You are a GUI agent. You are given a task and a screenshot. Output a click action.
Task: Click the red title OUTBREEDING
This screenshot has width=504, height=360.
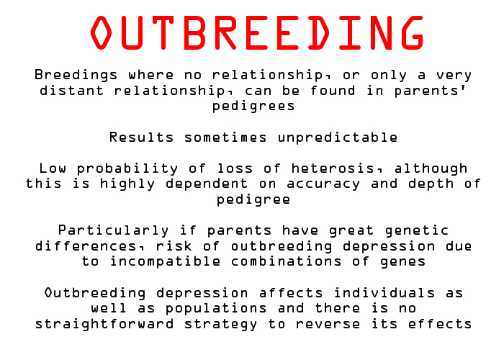[257, 32]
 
